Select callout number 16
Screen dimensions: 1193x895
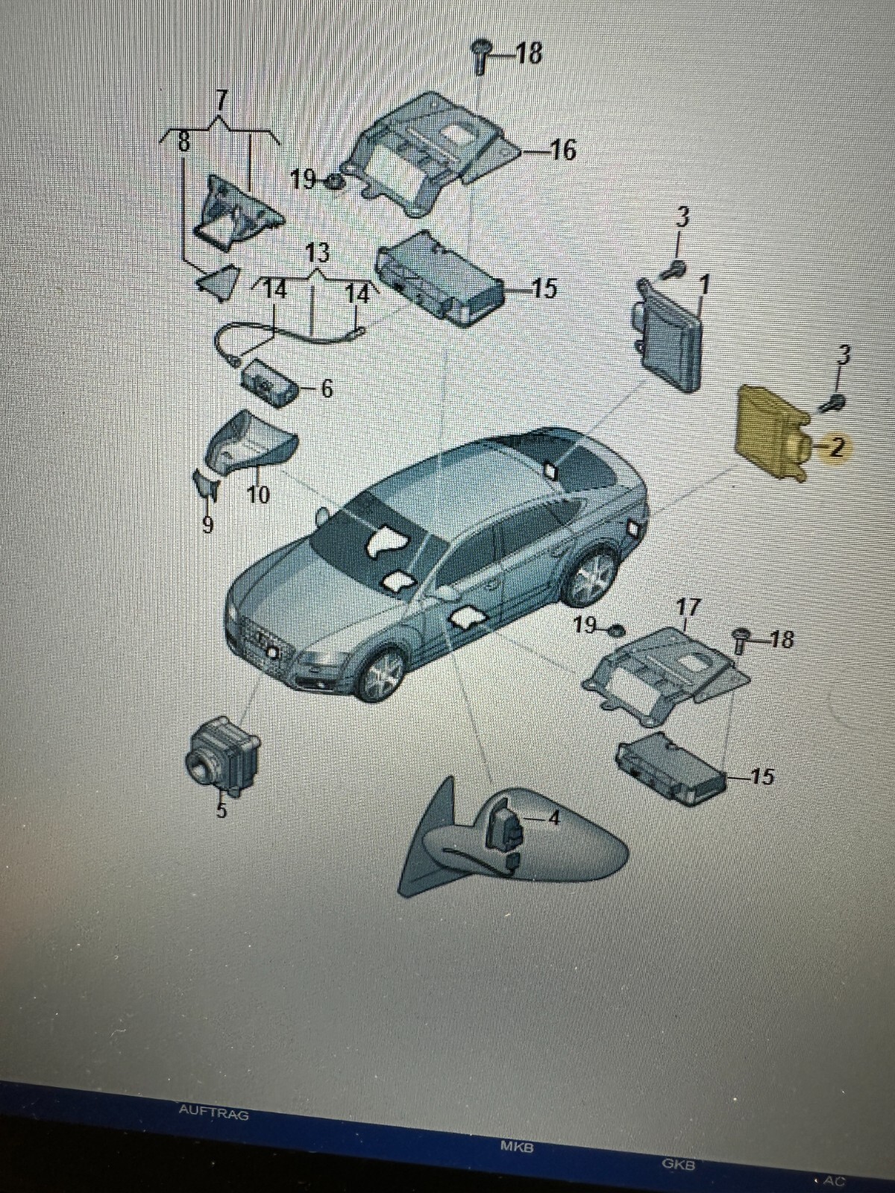pyautogui.click(x=563, y=151)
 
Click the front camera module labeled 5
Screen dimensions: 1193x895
pyautogui.click(x=222, y=757)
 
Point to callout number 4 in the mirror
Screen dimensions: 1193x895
pyautogui.click(x=553, y=818)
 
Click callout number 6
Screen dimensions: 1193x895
pyautogui.click(x=326, y=388)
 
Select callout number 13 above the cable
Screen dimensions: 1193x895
pyautogui.click(x=317, y=253)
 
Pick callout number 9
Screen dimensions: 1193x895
pyautogui.click(x=207, y=525)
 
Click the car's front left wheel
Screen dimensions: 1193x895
pyautogui.click(x=383, y=672)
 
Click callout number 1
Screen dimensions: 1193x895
pyautogui.click(x=704, y=284)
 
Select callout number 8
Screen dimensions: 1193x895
pyautogui.click(x=183, y=143)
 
